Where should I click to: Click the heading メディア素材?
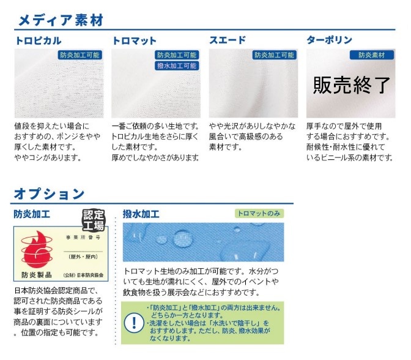click(x=60, y=20)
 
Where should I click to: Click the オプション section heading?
click(x=49, y=194)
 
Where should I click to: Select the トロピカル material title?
click(x=38, y=41)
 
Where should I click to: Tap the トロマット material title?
click(x=135, y=41)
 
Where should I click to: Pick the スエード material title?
click(x=228, y=41)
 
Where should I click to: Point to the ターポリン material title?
click(x=329, y=41)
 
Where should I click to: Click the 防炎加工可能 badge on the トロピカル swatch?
click(x=80, y=55)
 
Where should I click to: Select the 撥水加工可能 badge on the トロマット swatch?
click(x=177, y=66)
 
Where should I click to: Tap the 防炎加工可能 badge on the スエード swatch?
click(x=274, y=55)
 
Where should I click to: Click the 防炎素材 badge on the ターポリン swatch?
click(x=371, y=55)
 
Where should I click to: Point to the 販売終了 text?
click(x=351, y=85)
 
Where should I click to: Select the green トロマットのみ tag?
click(x=259, y=214)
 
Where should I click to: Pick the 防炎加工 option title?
click(x=32, y=214)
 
